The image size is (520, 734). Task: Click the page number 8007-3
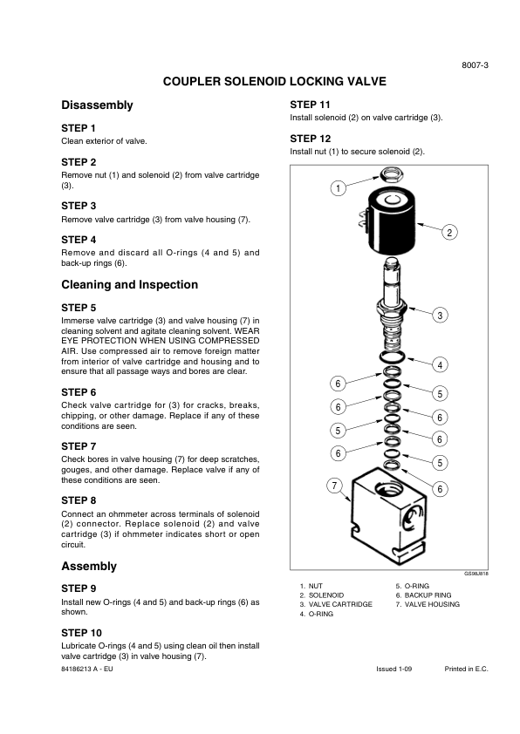475,65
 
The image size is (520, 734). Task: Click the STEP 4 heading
79,240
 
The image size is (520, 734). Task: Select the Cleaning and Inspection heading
130,284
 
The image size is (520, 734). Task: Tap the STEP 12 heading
310,139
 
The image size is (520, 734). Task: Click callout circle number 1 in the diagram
338,188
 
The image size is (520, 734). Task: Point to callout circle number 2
449,232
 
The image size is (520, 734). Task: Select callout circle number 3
440,315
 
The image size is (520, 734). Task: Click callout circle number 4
440,364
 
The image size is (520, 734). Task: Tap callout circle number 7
334,486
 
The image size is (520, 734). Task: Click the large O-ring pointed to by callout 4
393,357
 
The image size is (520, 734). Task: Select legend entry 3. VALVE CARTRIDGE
337,604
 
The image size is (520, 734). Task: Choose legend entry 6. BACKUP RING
423,595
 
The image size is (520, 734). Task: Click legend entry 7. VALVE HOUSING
428,604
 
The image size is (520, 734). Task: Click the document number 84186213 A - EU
87,669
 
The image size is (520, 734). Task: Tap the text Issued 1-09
394,669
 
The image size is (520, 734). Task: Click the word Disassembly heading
98,105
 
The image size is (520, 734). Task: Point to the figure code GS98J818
476,574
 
